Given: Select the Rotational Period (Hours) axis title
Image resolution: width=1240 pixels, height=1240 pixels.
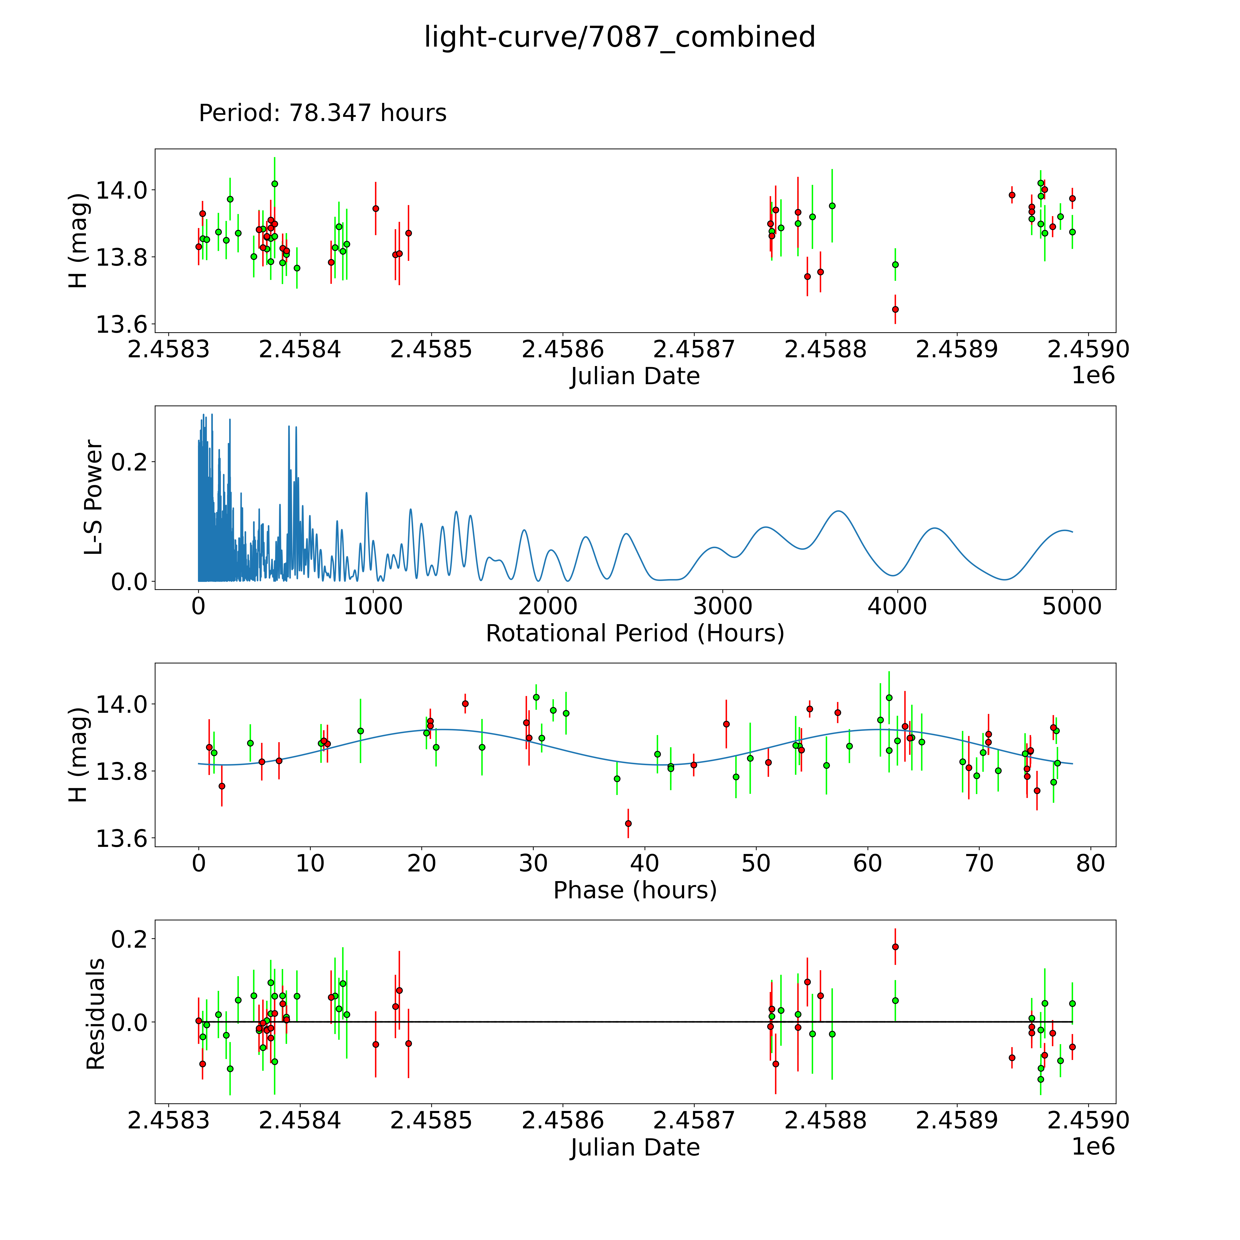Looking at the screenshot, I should coord(635,634).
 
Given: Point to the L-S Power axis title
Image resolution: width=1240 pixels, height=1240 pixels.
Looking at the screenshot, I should coord(94,497).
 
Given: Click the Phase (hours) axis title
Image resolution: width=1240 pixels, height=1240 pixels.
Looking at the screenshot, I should coord(635,890).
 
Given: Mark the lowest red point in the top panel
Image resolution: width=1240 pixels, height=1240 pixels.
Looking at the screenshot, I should coord(895,309).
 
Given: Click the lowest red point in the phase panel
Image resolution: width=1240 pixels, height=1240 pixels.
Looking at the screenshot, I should coord(628,823).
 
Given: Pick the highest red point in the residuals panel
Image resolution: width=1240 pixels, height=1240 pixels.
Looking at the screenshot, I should coord(895,947).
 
